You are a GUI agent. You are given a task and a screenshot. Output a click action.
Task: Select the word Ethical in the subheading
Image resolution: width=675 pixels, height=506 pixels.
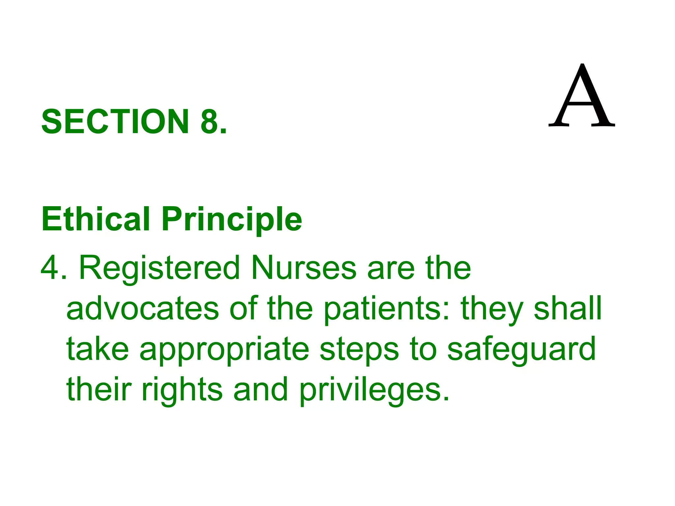click(96, 219)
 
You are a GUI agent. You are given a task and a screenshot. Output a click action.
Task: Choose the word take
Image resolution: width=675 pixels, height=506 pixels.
click(98, 349)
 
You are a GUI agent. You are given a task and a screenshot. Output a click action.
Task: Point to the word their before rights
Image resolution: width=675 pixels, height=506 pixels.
click(99, 389)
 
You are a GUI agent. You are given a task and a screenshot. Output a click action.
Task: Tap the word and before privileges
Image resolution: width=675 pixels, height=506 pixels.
click(261, 389)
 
